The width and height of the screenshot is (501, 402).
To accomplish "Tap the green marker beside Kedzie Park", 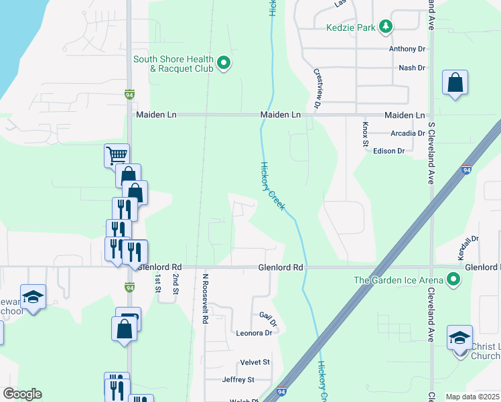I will [x=385, y=27].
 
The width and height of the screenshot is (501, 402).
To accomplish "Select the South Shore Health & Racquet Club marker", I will [x=225, y=64].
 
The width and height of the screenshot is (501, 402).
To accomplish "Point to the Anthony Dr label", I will [x=407, y=49].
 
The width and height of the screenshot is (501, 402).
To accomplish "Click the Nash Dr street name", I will [x=412, y=68].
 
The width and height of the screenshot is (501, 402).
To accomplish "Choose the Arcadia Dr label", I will [x=408, y=133].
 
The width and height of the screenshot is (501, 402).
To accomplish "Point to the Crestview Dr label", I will [x=317, y=88].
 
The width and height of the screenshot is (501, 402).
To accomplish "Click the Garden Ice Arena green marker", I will [x=454, y=279].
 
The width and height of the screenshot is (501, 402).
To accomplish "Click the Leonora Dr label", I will [x=254, y=332].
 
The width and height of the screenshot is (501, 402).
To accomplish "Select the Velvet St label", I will [x=255, y=362].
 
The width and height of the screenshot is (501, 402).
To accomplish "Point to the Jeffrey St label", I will [x=238, y=379].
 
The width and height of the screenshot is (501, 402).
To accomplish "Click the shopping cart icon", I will [x=117, y=155].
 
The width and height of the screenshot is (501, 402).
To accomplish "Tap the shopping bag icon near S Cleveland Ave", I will [x=455, y=83].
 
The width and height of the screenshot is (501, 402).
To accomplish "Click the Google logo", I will [x=22, y=394].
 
